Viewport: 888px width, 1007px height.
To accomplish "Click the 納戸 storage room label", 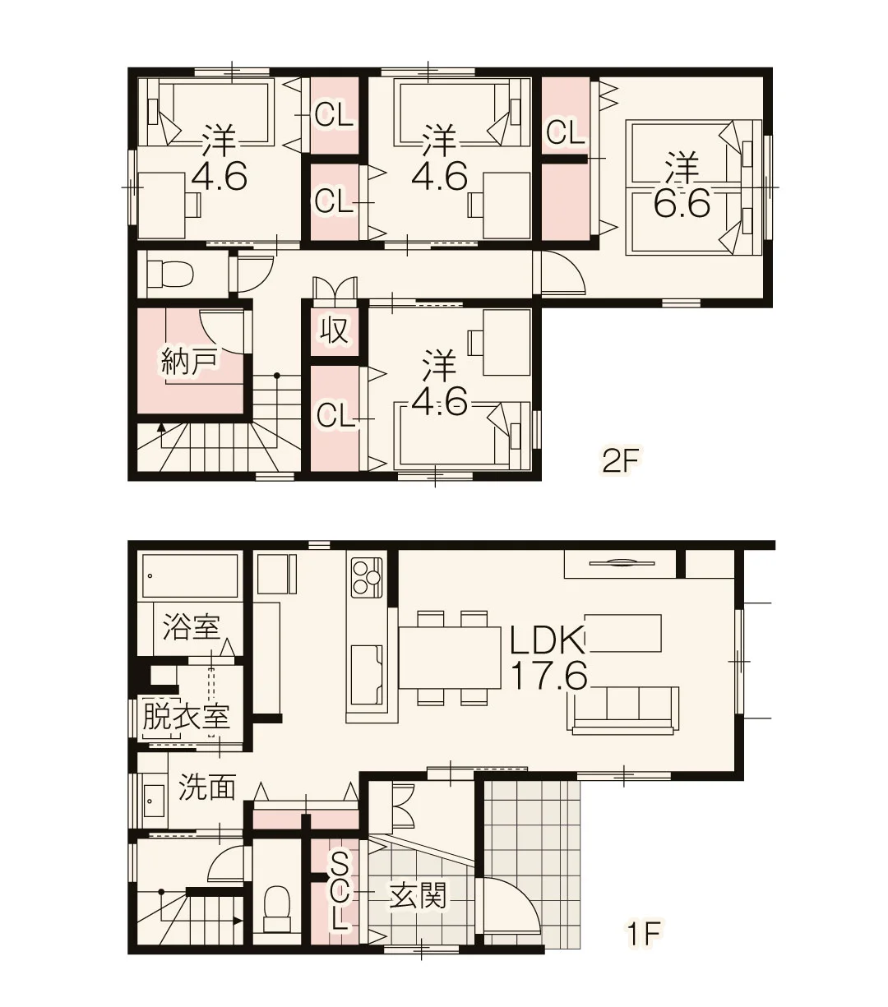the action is (189, 362).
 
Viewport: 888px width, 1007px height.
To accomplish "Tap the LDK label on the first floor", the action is (548, 642).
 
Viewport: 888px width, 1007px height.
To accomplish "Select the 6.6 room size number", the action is (682, 203).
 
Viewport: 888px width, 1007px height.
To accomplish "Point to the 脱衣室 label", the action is (187, 716).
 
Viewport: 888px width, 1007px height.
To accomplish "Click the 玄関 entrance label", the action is (418, 896).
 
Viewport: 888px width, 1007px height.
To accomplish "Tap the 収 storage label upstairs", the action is (334, 330).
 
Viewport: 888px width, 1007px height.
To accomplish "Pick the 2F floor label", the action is (619, 462).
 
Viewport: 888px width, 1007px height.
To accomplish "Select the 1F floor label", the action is (643, 934).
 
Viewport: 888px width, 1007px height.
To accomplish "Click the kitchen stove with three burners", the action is (367, 577).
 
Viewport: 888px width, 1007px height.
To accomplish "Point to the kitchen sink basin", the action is (367, 675).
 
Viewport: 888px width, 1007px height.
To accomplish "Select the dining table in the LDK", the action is (450, 658).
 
